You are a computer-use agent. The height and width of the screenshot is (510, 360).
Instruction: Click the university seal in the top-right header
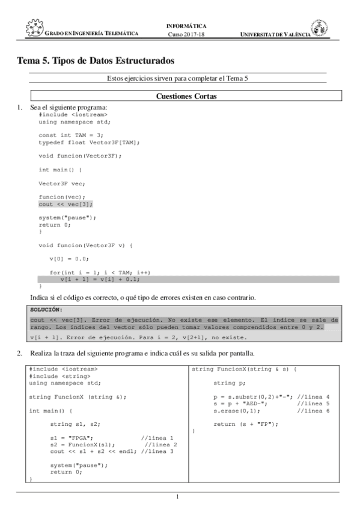pyautogui.click(x=319, y=28)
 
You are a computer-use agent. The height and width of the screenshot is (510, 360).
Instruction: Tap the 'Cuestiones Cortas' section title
pyautogui.click(x=186, y=96)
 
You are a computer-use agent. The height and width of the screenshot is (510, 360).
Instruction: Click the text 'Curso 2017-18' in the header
pyautogui.click(x=186, y=34)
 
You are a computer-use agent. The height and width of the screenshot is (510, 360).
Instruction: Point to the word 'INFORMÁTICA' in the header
pyautogui.click(x=186, y=26)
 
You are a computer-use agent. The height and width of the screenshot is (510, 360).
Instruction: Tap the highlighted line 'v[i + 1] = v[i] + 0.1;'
pyautogui.click(x=100, y=279)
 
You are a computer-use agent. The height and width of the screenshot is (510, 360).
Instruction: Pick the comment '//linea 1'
pyautogui.click(x=156, y=438)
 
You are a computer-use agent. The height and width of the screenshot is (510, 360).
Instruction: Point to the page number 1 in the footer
pyautogui.click(x=177, y=496)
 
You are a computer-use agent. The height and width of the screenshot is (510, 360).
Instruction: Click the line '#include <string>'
pyautogui.click(x=56, y=376)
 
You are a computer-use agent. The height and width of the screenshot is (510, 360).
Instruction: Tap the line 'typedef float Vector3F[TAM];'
pyautogui.click(x=89, y=142)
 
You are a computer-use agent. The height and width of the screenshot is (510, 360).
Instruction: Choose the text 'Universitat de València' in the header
pyautogui.click(x=275, y=34)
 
